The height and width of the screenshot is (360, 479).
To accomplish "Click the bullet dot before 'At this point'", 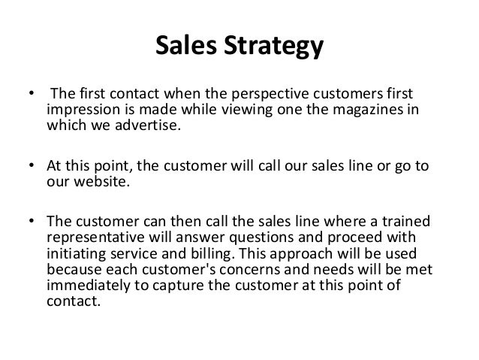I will coord(32,165).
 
